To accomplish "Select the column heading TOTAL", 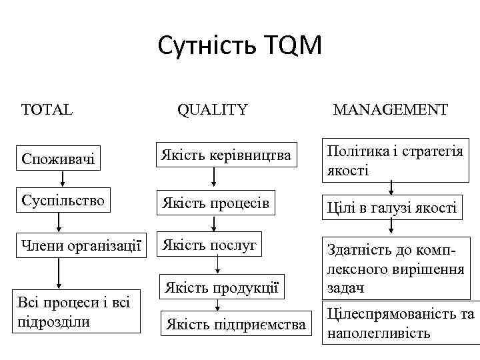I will click(x=47, y=109).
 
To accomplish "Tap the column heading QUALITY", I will click(x=212, y=109).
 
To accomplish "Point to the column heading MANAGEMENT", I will click(x=390, y=109).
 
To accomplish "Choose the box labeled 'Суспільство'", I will click(x=64, y=200).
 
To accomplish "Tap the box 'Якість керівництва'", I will click(x=224, y=155).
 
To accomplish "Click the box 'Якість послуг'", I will click(x=207, y=245).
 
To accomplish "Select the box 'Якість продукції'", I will click(x=220, y=287).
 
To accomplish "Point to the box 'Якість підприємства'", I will click(x=236, y=324).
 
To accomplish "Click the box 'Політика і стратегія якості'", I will click(x=395, y=160).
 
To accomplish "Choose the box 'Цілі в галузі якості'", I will click(x=391, y=208).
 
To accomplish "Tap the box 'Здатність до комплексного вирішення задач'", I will click(x=395, y=269).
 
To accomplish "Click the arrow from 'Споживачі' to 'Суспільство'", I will click(x=63, y=179).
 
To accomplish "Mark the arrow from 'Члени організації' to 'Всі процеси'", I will click(x=59, y=273).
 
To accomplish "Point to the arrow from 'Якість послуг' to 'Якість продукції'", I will click(x=217, y=265).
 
